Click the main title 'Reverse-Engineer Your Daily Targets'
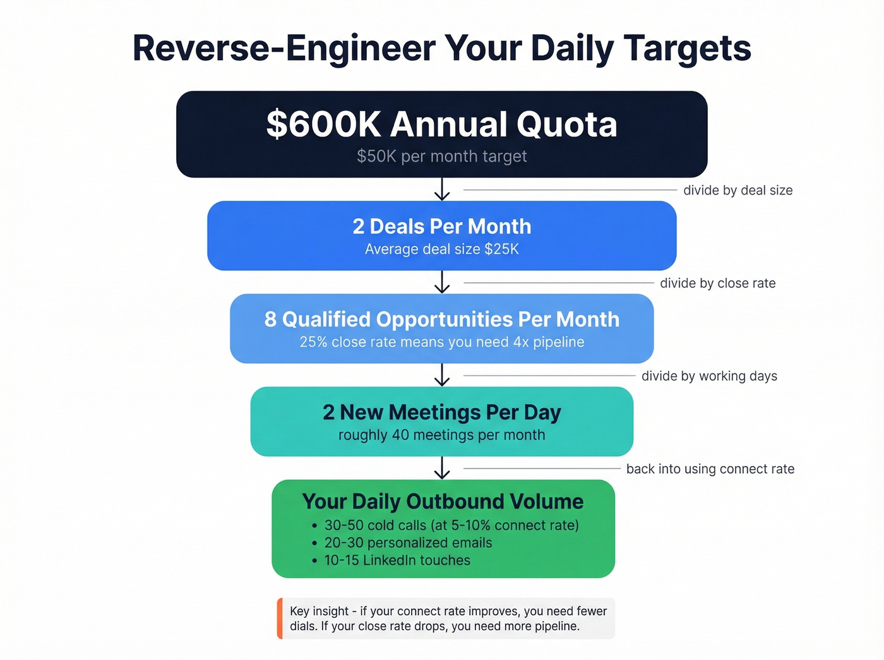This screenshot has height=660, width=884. pos(441,48)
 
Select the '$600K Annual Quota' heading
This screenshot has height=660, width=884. pos(441,124)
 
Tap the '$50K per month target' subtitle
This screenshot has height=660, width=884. pos(441,156)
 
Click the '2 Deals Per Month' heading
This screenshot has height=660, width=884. pos(441,226)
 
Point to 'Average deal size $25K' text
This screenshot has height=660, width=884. pos(441,249)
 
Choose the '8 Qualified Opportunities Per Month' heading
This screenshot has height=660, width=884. pos(441,319)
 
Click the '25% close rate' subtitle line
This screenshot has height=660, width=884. pos(441,342)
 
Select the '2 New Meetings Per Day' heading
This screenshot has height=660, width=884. pos(441,412)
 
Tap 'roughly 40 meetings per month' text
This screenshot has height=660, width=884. pos(441,435)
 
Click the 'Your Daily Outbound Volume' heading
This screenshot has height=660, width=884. pos(443,501)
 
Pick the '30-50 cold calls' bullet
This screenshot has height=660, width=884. pos(451,525)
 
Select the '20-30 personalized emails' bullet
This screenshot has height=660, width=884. pos(408,543)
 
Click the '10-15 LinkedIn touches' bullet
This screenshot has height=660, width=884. pos(397,560)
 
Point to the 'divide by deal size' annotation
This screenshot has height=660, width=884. pos(738,190)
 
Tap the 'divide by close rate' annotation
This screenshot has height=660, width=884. pos(717,283)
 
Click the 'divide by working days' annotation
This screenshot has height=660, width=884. pos(709,376)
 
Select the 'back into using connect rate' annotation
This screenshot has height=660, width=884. pos(710,469)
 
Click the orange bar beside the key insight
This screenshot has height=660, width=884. pos(280,618)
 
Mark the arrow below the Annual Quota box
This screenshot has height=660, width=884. pos(442,189)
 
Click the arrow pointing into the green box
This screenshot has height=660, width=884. pos(442,468)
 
